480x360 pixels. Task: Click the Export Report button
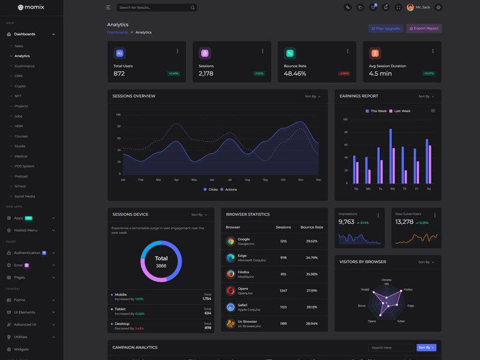coord(424,28)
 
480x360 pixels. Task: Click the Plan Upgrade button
coord(386,28)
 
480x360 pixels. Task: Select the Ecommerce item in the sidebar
coord(25,66)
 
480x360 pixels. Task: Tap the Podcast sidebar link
coord(21,176)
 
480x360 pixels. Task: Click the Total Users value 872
coord(119,73)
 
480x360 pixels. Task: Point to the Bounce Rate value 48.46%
coord(295,73)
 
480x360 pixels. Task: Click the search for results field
coord(154,8)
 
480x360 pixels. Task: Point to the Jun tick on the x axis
coord(212,180)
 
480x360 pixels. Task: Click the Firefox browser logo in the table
coord(230,274)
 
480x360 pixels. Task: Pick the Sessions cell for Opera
coord(283,290)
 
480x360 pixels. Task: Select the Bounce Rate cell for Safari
coord(311,307)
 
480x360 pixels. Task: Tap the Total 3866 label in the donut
coord(161,262)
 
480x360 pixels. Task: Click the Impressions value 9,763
coord(346,222)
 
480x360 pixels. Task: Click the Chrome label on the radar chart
coord(386,280)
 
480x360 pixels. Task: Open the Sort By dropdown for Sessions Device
coord(199,215)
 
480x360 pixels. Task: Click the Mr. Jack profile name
coord(422,7)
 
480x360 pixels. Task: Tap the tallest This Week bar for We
coord(390,156)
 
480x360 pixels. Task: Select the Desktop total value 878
coord(208,328)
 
